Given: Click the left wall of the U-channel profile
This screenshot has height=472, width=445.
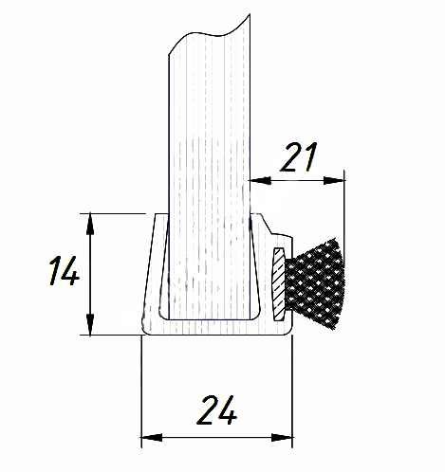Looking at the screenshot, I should [151, 275].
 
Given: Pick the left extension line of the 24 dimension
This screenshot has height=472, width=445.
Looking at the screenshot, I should [141, 389].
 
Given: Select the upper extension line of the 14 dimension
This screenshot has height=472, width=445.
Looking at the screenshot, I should [119, 213].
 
